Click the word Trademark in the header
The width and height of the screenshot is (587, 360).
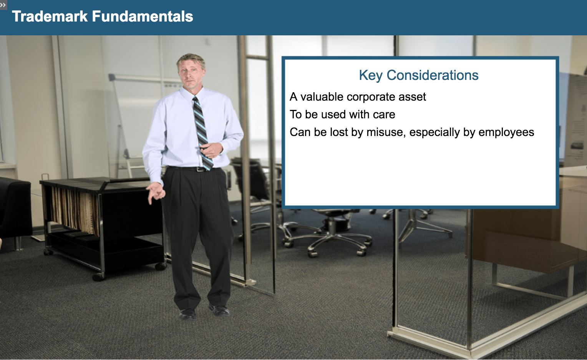50,16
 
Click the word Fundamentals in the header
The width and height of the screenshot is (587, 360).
143,16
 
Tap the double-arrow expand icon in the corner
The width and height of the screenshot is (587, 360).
3,5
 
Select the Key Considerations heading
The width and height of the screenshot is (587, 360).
418,75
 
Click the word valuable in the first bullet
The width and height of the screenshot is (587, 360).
322,97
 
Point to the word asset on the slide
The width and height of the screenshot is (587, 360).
412,97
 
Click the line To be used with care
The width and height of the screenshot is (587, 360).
342,114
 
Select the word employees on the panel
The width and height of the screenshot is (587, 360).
506,133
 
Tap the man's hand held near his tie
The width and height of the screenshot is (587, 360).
212,150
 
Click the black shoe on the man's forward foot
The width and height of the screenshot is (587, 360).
219,310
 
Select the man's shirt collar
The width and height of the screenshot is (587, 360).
192,93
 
